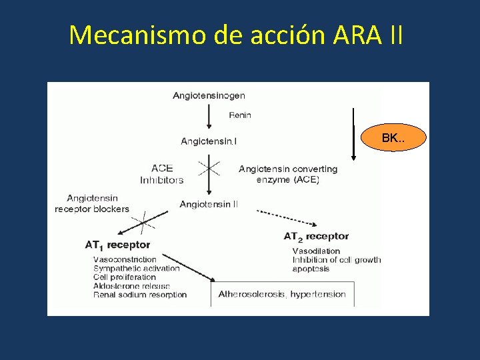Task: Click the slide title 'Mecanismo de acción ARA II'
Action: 235,35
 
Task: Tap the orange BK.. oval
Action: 392,139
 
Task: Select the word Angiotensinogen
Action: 209,95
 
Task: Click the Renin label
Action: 240,115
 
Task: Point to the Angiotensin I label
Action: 209,141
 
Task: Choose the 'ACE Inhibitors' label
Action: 161,174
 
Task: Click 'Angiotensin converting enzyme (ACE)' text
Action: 288,174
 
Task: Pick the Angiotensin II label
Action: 209,205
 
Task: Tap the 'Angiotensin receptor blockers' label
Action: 92,203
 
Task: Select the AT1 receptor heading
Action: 117,245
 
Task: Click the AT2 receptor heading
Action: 316,236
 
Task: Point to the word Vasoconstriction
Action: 125,259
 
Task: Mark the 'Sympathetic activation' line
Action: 137,269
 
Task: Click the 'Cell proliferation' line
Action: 125,277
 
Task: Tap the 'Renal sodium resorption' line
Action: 140,295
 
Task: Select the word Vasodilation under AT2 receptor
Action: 316,251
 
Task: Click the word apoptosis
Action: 311,269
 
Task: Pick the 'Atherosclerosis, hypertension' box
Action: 282,294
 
